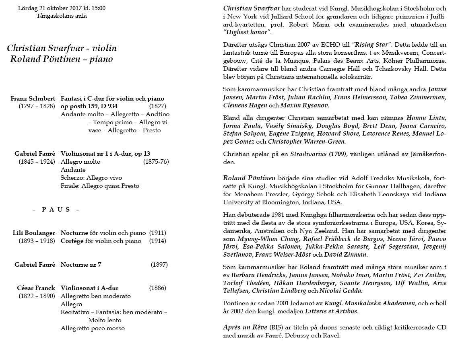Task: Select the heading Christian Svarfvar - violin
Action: [x=62, y=48]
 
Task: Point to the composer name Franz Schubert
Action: [x=33, y=99]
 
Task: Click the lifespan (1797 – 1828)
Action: [x=37, y=106]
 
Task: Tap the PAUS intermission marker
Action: [x=56, y=210]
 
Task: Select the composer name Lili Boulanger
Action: [x=34, y=233]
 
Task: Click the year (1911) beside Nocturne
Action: [x=157, y=233]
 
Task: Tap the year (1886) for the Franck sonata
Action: [x=157, y=288]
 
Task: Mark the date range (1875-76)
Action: [x=156, y=162]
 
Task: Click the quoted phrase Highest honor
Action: [x=248, y=33]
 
